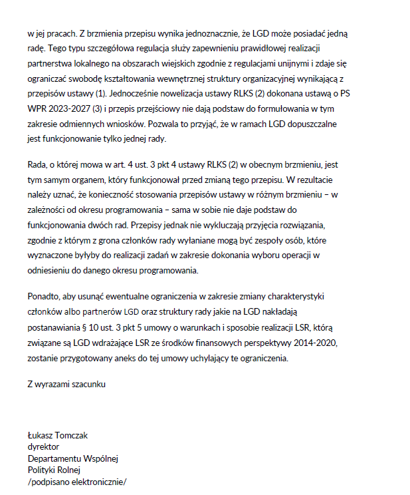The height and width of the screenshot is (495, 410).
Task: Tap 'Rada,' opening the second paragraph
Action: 37,164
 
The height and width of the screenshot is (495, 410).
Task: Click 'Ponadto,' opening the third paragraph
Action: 43,295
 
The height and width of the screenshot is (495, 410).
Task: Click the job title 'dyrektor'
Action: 43,447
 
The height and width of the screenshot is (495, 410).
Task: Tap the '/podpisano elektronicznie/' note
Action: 76,482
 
